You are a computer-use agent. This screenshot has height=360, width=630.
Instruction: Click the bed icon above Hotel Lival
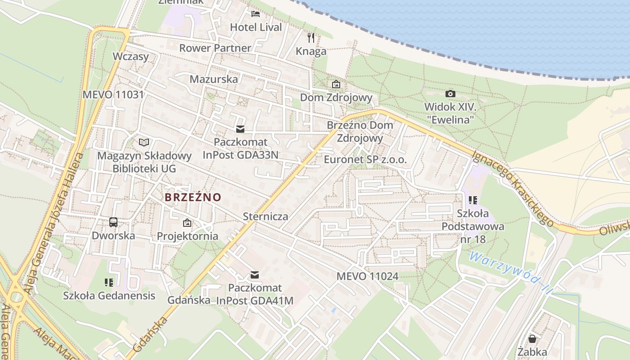256,14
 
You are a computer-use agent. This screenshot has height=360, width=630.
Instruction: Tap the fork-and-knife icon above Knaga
311,38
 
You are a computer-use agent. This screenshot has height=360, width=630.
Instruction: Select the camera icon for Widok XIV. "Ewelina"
450,94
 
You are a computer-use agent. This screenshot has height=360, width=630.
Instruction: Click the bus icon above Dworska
113,222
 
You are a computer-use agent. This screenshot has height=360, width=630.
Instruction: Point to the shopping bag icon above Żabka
532,338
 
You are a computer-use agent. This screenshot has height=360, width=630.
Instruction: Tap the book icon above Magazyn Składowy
144,143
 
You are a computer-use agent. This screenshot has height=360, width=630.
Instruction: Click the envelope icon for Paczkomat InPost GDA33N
240,130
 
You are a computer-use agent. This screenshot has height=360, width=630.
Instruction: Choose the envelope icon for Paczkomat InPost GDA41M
255,275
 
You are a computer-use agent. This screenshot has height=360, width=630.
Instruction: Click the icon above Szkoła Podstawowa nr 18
472,200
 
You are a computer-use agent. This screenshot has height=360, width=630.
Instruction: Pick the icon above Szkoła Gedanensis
109,283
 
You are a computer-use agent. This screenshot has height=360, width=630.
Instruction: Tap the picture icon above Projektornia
187,223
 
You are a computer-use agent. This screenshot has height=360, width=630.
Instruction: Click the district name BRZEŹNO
193,197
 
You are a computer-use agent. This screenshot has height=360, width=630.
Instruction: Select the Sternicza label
265,216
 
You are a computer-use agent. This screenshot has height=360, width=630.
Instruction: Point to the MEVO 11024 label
367,276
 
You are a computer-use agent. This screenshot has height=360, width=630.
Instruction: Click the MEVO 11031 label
113,94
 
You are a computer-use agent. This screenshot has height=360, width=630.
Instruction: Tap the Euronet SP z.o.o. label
365,160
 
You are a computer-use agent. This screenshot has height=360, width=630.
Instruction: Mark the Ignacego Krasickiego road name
513,188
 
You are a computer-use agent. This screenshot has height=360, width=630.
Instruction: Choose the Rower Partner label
215,48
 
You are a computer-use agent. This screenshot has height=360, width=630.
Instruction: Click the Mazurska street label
214,79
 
